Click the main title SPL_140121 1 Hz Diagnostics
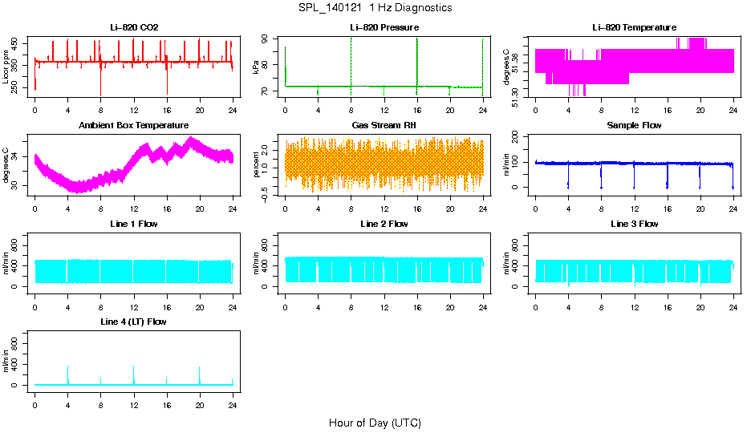[x=375, y=8]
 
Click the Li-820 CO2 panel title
[x=134, y=28]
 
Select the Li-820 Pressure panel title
[x=384, y=28]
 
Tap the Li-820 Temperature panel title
[x=634, y=28]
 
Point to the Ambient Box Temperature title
[x=134, y=126]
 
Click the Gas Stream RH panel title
[x=384, y=126]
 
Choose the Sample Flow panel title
[x=634, y=126]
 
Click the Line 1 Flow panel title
[x=134, y=224]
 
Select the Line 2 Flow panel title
[x=384, y=224]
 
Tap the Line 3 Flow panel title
[x=634, y=224]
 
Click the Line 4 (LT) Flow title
[x=134, y=322]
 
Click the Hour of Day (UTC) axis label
[x=375, y=423]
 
